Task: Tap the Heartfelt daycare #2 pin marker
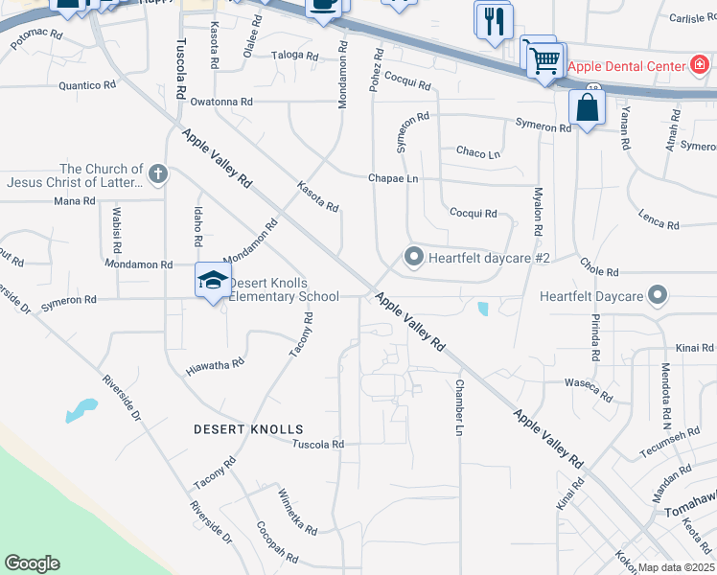414,257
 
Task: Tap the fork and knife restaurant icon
495,23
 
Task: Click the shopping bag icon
586,108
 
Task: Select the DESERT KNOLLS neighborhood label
248,429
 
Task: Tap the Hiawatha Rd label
215,365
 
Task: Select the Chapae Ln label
393,178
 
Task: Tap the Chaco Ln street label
478,153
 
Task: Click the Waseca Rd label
589,390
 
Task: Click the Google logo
32,563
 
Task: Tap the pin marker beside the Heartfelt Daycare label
657,295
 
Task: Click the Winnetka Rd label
297,512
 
